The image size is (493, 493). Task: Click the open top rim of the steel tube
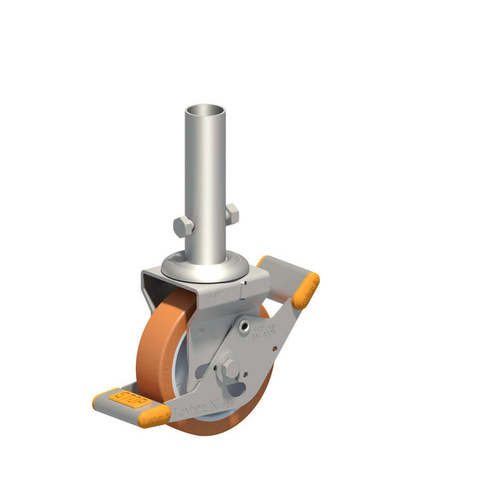point(205,110)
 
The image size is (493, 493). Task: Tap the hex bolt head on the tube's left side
point(182,226)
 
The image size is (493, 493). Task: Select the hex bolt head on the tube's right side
point(232,213)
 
